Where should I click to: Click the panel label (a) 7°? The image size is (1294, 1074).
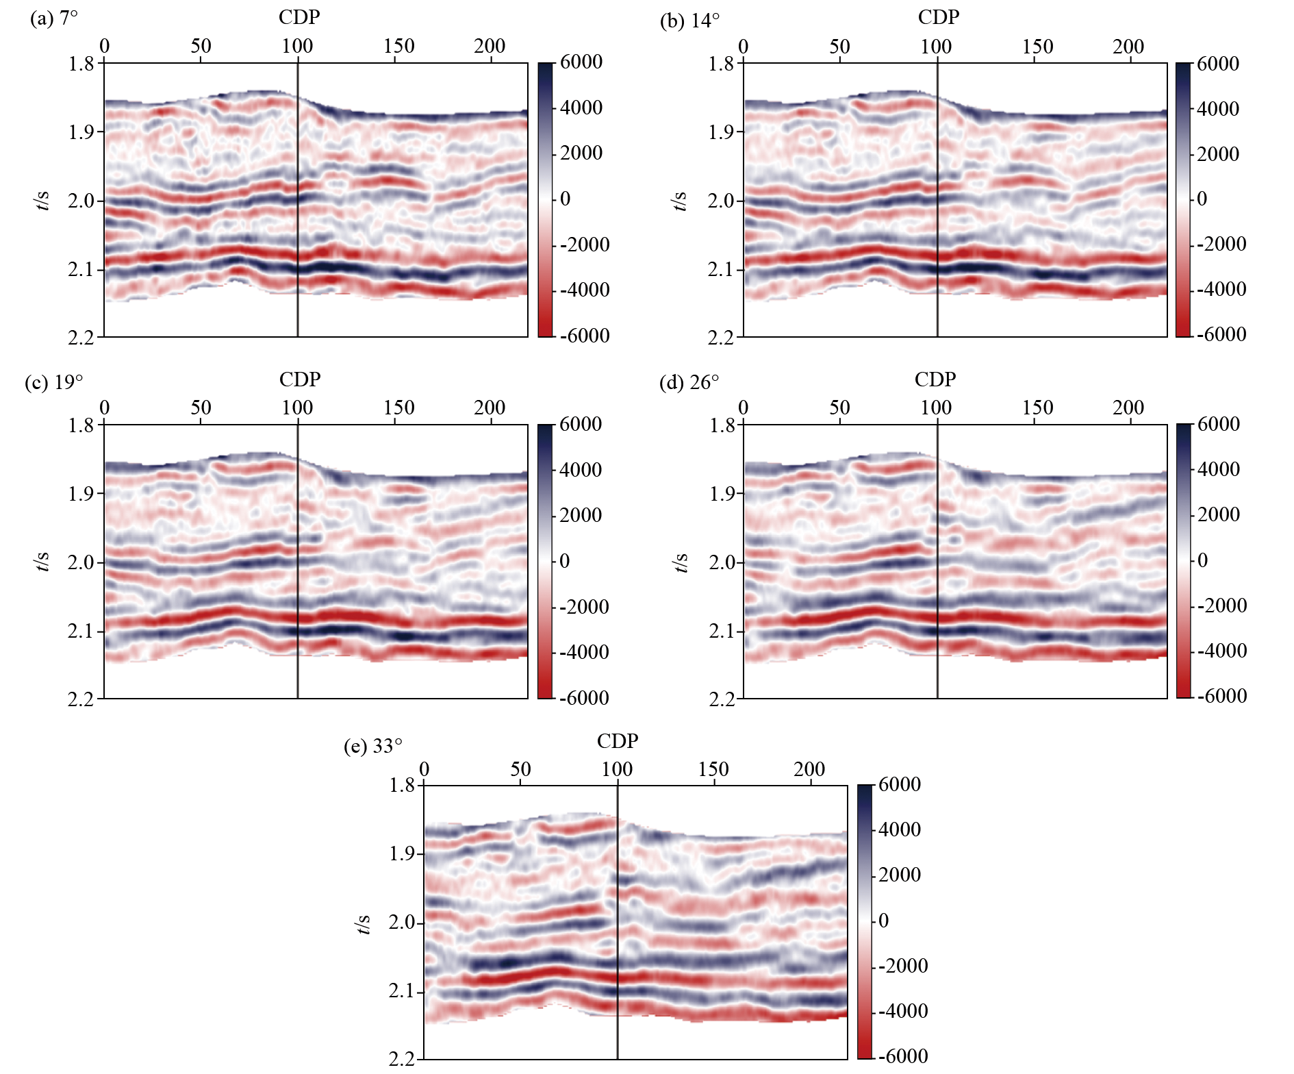[x=54, y=18]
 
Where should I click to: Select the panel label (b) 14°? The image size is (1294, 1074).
[x=689, y=21]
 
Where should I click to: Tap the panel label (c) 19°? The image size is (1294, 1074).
[x=54, y=382]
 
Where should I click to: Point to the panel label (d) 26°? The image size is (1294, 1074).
[x=689, y=382]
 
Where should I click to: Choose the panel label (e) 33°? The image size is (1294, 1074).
[x=372, y=745]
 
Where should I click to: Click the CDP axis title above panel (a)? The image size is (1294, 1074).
[x=299, y=17]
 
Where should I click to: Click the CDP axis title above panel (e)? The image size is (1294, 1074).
[x=617, y=741]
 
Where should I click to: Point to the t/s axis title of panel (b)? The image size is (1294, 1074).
[x=680, y=201]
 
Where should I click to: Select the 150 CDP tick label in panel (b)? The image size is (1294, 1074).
[x=1037, y=47]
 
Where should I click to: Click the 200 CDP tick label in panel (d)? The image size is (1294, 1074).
[x=1128, y=408]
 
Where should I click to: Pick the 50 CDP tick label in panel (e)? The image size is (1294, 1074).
[x=520, y=769]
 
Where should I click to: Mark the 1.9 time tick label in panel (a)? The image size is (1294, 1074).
[x=81, y=132]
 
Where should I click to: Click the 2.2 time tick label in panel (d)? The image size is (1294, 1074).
[x=721, y=699]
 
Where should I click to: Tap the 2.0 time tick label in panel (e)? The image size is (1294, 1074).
[x=402, y=923]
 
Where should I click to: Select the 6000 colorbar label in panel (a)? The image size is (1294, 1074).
[x=581, y=62]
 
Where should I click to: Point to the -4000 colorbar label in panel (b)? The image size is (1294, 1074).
[x=1221, y=289]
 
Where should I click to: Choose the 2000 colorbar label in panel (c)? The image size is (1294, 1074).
[x=581, y=515]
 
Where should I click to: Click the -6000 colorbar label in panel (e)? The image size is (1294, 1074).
[x=903, y=1056]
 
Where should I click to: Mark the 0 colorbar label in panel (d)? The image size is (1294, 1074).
[x=1202, y=560]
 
